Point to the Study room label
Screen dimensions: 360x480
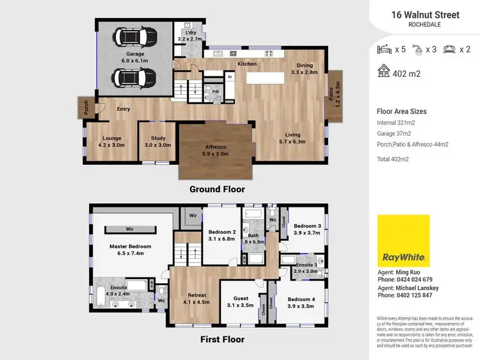tap(158, 142)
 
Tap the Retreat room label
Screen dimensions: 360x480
tap(196, 298)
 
